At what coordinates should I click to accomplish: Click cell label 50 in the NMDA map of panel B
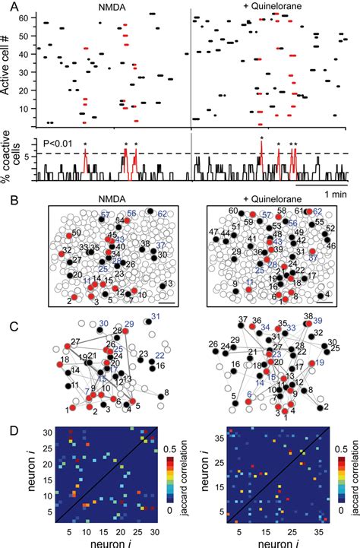[x=76, y=232]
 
